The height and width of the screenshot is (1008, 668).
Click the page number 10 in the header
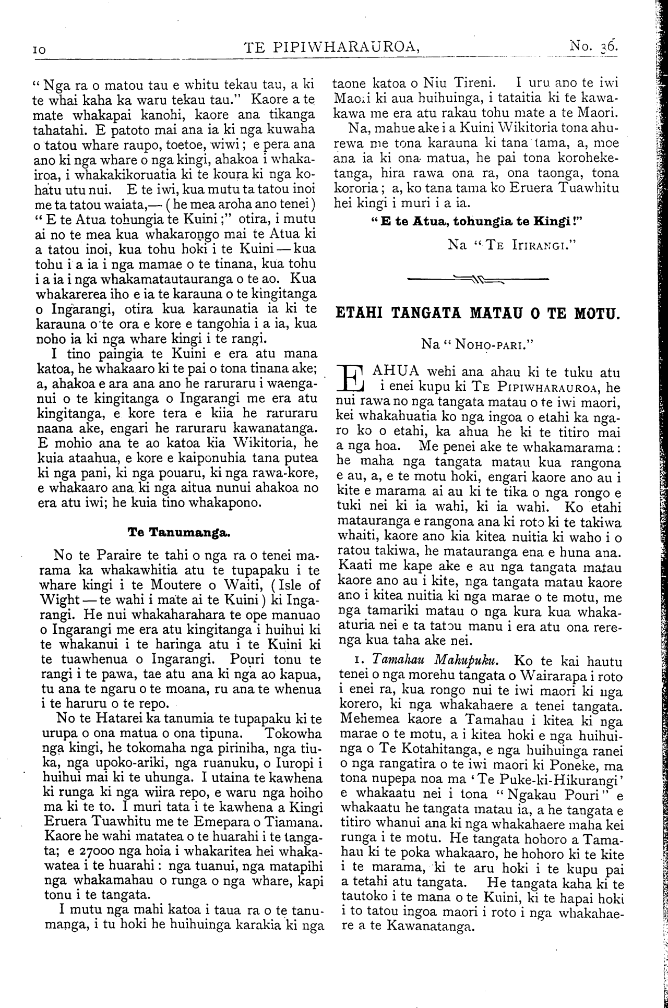(x=39, y=49)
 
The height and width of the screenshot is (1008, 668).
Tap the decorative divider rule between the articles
(x=477, y=279)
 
